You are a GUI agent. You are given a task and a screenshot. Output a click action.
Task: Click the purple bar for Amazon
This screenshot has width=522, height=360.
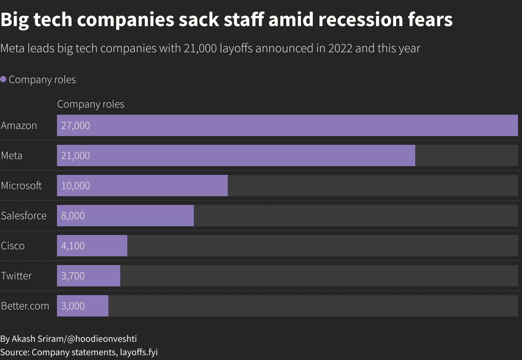[x=287, y=125]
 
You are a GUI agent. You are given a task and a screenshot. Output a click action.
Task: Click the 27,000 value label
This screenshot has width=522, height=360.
[x=76, y=125]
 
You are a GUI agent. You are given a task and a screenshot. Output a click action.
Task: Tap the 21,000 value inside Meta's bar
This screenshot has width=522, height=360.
[x=76, y=155]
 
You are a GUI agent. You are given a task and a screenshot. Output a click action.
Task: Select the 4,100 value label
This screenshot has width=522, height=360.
[x=73, y=246]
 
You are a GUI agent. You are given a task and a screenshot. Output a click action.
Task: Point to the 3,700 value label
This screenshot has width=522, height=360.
[x=73, y=276]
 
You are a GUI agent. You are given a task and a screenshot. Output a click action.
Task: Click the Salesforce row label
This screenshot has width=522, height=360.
[x=24, y=216]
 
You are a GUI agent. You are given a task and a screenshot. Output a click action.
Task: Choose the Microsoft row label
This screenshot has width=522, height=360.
[x=21, y=186]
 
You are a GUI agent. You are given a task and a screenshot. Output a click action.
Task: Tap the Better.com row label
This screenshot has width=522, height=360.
[x=25, y=306]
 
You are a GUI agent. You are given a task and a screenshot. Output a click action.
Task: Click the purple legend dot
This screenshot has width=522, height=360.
[x=3, y=79]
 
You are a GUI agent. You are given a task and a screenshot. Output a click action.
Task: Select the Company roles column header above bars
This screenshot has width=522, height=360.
[x=91, y=104]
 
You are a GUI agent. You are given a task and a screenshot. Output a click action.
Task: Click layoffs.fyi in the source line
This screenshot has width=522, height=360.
[x=139, y=352]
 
